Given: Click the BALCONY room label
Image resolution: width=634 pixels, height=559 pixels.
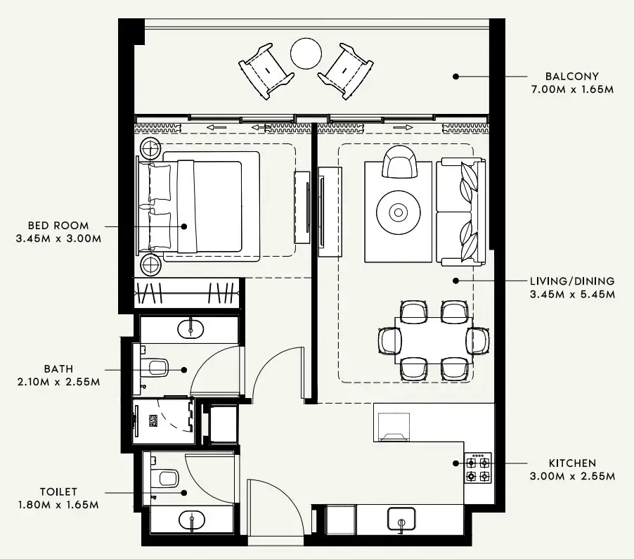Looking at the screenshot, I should coord(571,77).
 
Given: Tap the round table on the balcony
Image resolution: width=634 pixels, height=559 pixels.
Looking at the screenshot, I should coord(306,53).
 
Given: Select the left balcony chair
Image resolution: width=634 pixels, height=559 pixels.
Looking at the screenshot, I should coord(266,70).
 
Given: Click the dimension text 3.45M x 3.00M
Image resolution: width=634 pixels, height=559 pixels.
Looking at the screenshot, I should coord(58,239).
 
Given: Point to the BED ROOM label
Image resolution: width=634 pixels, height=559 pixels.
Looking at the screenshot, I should coord(58,226).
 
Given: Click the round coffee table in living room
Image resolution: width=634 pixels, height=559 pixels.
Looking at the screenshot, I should coord(399,212).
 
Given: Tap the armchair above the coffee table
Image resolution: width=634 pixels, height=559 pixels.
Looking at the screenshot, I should coord(399,162).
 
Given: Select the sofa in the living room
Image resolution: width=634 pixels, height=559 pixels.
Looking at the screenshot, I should coord(461,212).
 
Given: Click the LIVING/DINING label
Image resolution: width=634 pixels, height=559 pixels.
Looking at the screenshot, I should coord(572,281).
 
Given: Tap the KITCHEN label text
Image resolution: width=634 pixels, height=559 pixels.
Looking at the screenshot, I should coord(572,463).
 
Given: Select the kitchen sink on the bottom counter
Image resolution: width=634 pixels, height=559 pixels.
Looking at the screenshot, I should coord(401,519).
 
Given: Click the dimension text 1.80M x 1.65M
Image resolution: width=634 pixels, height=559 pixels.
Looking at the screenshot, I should coord(58,505).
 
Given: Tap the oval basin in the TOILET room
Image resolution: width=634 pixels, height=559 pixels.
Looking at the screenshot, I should coord(191,520).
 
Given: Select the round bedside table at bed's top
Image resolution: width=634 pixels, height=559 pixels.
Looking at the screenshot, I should coord(150,148).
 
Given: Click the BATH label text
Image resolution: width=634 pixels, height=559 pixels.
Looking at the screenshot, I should coord(58,369).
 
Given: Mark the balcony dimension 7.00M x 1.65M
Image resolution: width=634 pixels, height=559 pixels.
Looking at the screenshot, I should coord(572,90).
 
